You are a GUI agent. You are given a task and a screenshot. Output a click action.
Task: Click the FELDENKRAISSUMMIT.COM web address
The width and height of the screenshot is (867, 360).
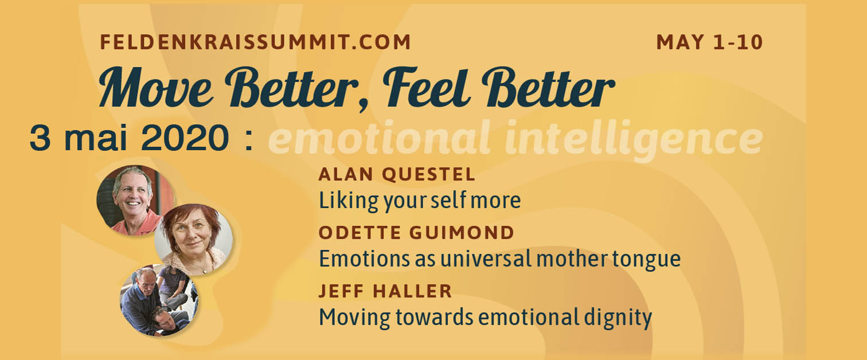tap(255, 42)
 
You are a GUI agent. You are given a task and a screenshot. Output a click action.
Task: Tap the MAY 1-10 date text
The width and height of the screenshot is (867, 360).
tap(709, 42)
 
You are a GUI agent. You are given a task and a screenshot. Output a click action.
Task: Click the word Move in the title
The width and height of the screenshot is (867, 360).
tap(155, 88)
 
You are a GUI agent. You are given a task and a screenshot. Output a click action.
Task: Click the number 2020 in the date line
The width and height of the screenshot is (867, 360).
tap(185, 138)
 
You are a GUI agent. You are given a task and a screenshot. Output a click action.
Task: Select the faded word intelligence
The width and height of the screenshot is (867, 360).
tap(634, 140)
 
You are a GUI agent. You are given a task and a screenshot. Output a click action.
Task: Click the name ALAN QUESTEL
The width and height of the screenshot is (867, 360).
tap(397, 174)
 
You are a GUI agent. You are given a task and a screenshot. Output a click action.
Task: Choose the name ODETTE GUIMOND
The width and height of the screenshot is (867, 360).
tap(416, 233)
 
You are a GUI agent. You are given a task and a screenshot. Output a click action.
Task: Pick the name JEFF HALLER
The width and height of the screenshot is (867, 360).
tap(385, 291)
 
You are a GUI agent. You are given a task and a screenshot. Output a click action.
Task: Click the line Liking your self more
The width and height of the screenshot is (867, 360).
tap(420, 201)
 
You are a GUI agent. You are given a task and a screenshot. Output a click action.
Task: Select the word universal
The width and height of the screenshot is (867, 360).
tap(486, 259)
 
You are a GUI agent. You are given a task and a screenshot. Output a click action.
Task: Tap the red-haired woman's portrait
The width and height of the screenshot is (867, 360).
tap(194, 239)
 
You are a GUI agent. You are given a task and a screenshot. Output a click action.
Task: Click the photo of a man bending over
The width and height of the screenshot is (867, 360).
tap(159, 300)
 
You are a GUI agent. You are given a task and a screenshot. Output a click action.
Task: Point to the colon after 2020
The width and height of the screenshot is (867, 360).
tap(249, 140)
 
